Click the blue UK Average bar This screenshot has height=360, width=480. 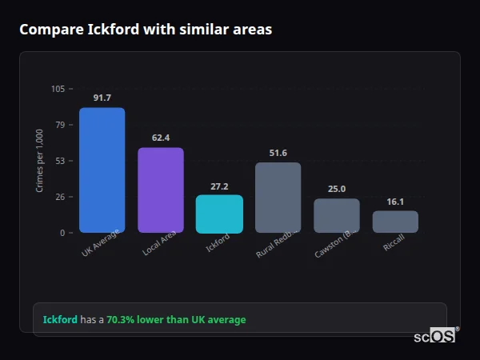click(x=102, y=170)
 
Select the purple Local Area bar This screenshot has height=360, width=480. click(x=160, y=190)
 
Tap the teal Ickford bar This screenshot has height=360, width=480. click(x=219, y=214)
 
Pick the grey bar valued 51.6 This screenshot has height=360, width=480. click(x=278, y=197)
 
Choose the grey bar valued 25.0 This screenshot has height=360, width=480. click(x=336, y=215)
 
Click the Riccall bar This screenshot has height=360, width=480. click(x=395, y=222)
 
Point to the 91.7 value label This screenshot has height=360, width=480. click(x=102, y=98)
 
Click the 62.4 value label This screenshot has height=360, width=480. click(x=160, y=138)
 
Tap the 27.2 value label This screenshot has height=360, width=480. click(x=219, y=186)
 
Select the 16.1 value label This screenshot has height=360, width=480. click(x=395, y=202)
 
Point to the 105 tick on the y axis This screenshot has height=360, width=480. click(x=58, y=89)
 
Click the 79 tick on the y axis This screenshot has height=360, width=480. click(x=60, y=125)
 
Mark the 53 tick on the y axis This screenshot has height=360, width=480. click(x=60, y=161)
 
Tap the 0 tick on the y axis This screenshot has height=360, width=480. click(x=62, y=233)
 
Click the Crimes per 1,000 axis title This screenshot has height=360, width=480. click(x=40, y=160)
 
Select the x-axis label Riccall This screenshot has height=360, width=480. click(x=394, y=243)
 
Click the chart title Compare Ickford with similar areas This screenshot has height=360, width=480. click(x=146, y=30)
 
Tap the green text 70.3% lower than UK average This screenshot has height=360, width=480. click(x=176, y=320)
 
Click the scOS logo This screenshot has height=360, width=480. click(x=435, y=336)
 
